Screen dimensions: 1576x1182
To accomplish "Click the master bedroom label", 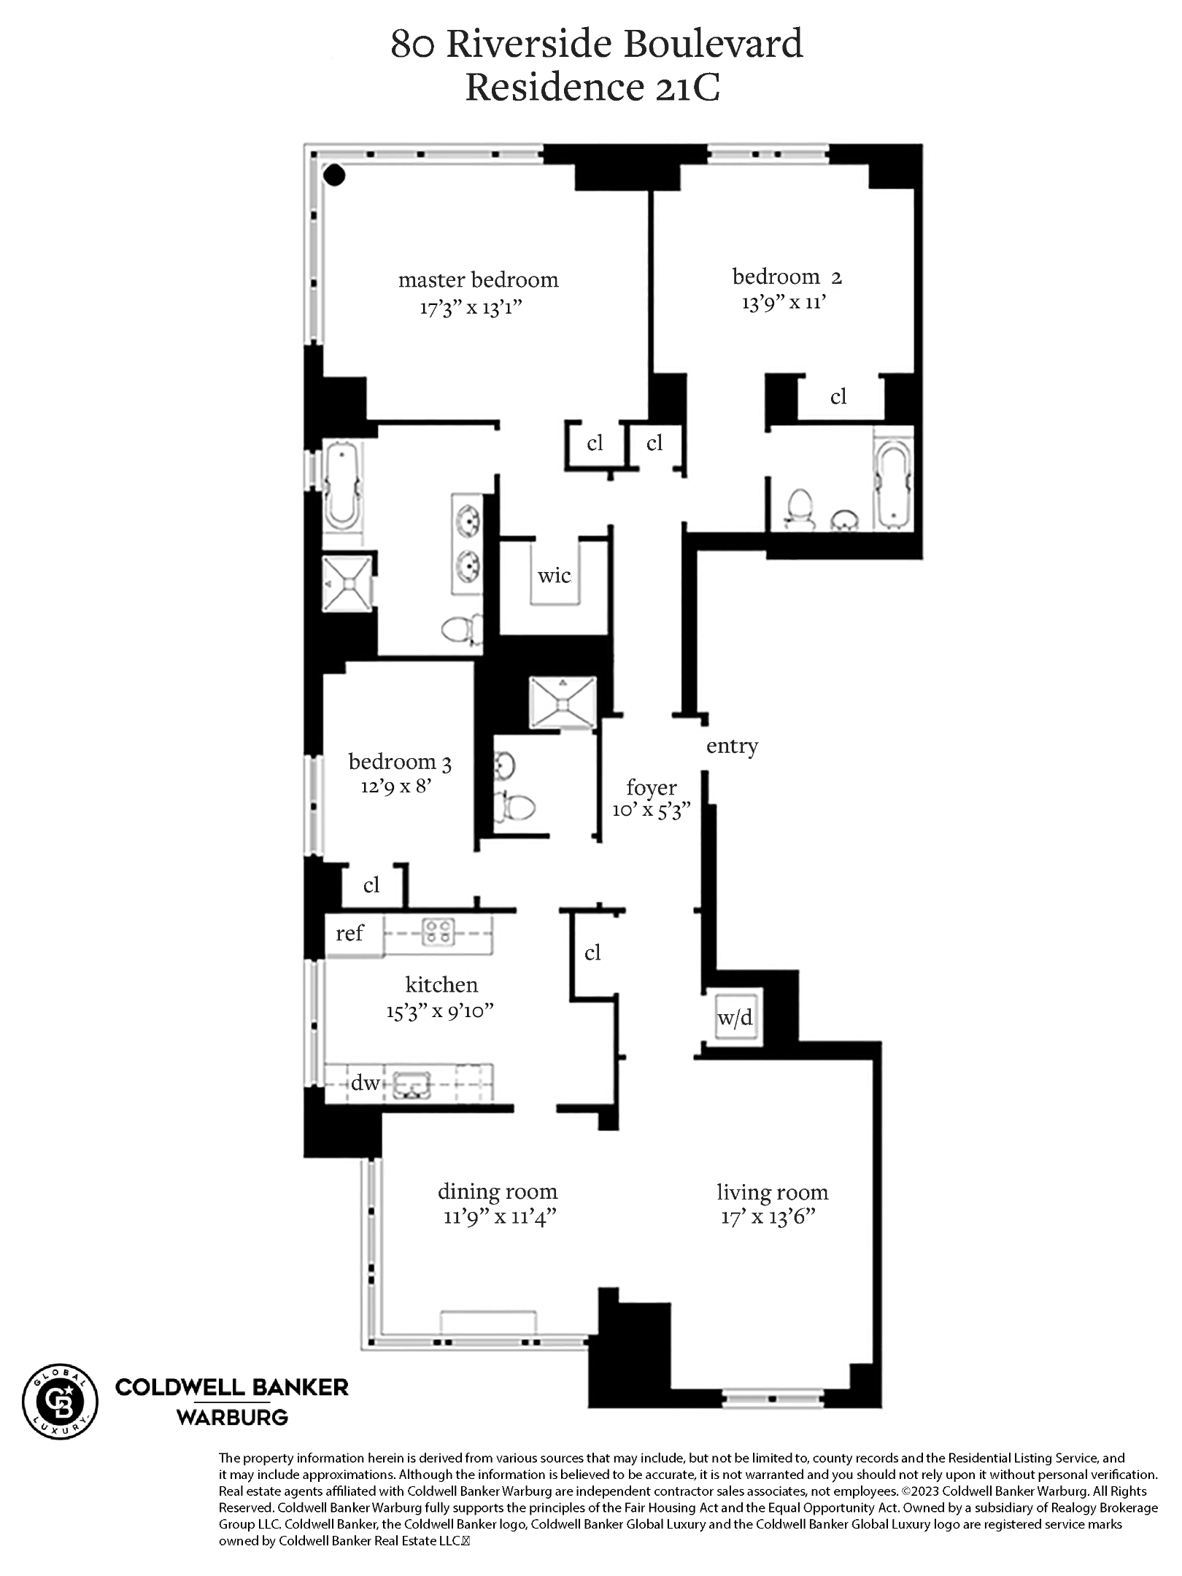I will coord(478,280).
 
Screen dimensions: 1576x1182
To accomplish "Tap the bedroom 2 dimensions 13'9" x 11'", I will coord(784,302).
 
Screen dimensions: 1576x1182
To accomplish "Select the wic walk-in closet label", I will coord(554,576).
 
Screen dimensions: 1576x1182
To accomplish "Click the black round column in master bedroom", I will coord(334,175).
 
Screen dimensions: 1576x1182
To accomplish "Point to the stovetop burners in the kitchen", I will coord(439,932).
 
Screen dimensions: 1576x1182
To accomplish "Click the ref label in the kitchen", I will coord(349,933).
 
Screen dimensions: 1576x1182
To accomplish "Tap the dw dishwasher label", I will coord(365,1083).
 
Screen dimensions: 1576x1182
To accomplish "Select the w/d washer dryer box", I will coord(735,1018).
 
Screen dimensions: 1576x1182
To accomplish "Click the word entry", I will coord(732,746).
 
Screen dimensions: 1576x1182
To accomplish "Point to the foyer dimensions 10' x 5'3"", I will coord(651,811).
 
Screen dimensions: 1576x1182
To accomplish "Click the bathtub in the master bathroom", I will coord(342,485).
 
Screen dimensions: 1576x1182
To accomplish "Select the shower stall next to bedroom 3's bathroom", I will coord(563,703).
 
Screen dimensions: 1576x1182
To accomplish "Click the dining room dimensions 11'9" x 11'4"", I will coord(500,1217).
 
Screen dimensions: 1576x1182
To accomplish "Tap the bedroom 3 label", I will coord(400,762).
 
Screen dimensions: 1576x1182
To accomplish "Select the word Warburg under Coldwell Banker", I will coord(232,1418).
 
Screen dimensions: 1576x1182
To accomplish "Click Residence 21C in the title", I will coord(592,88).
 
